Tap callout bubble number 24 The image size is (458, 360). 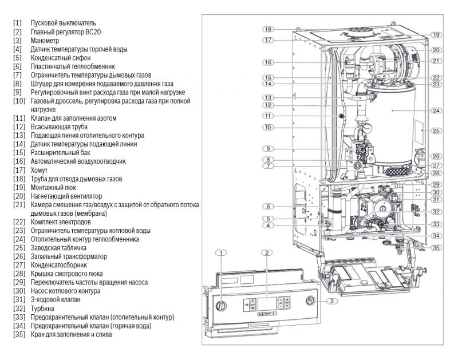(x=436, y=110)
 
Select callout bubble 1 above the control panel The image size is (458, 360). (x=223, y=252)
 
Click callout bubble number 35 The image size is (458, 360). (x=436, y=248)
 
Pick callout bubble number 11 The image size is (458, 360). (x=267, y=116)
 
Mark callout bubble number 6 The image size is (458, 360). (x=267, y=206)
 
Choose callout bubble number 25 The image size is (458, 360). (x=436, y=130)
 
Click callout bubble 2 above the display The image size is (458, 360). (x=267, y=252)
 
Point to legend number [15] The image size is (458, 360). (x=19, y=153)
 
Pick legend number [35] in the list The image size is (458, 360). (x=19, y=334)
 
